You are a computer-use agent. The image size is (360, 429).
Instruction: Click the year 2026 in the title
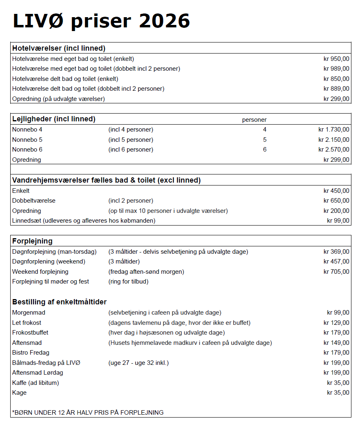tap(164, 20)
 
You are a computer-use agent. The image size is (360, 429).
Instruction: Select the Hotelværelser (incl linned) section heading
tap(59, 48)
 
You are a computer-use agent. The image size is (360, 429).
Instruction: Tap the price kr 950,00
tap(336, 59)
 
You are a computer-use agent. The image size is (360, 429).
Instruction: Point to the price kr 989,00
tap(336, 69)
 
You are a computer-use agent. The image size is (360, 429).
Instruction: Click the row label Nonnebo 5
tap(27, 140)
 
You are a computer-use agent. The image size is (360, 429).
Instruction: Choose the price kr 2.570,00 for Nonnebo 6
tap(334, 150)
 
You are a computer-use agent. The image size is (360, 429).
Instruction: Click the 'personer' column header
tap(254, 120)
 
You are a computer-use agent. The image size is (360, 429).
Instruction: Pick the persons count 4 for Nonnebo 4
tap(265, 130)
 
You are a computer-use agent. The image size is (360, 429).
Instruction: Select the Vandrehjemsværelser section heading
tap(106, 180)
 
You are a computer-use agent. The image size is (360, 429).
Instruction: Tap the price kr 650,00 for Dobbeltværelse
tap(336, 201)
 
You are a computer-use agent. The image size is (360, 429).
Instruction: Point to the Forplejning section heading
tap(32, 241)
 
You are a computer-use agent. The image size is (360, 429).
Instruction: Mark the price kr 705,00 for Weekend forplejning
tap(336, 272)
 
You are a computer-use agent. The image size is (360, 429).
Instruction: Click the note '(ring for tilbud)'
tap(128, 282)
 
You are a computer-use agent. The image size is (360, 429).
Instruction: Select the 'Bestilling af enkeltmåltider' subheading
tap(59, 302)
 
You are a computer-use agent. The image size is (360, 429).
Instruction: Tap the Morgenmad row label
tap(29, 313)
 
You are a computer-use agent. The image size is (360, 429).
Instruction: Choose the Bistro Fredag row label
tap(31, 353)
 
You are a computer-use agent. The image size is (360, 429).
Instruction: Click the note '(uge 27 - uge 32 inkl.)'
tap(139, 363)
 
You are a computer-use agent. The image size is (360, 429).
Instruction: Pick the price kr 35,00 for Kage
tap(338, 393)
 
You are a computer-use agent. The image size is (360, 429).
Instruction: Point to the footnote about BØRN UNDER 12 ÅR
tap(88, 412)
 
